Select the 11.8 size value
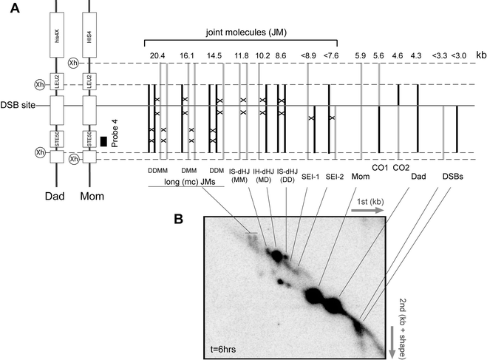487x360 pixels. pyautogui.click(x=241, y=55)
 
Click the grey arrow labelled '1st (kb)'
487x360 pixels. pyautogui.click(x=367, y=211)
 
